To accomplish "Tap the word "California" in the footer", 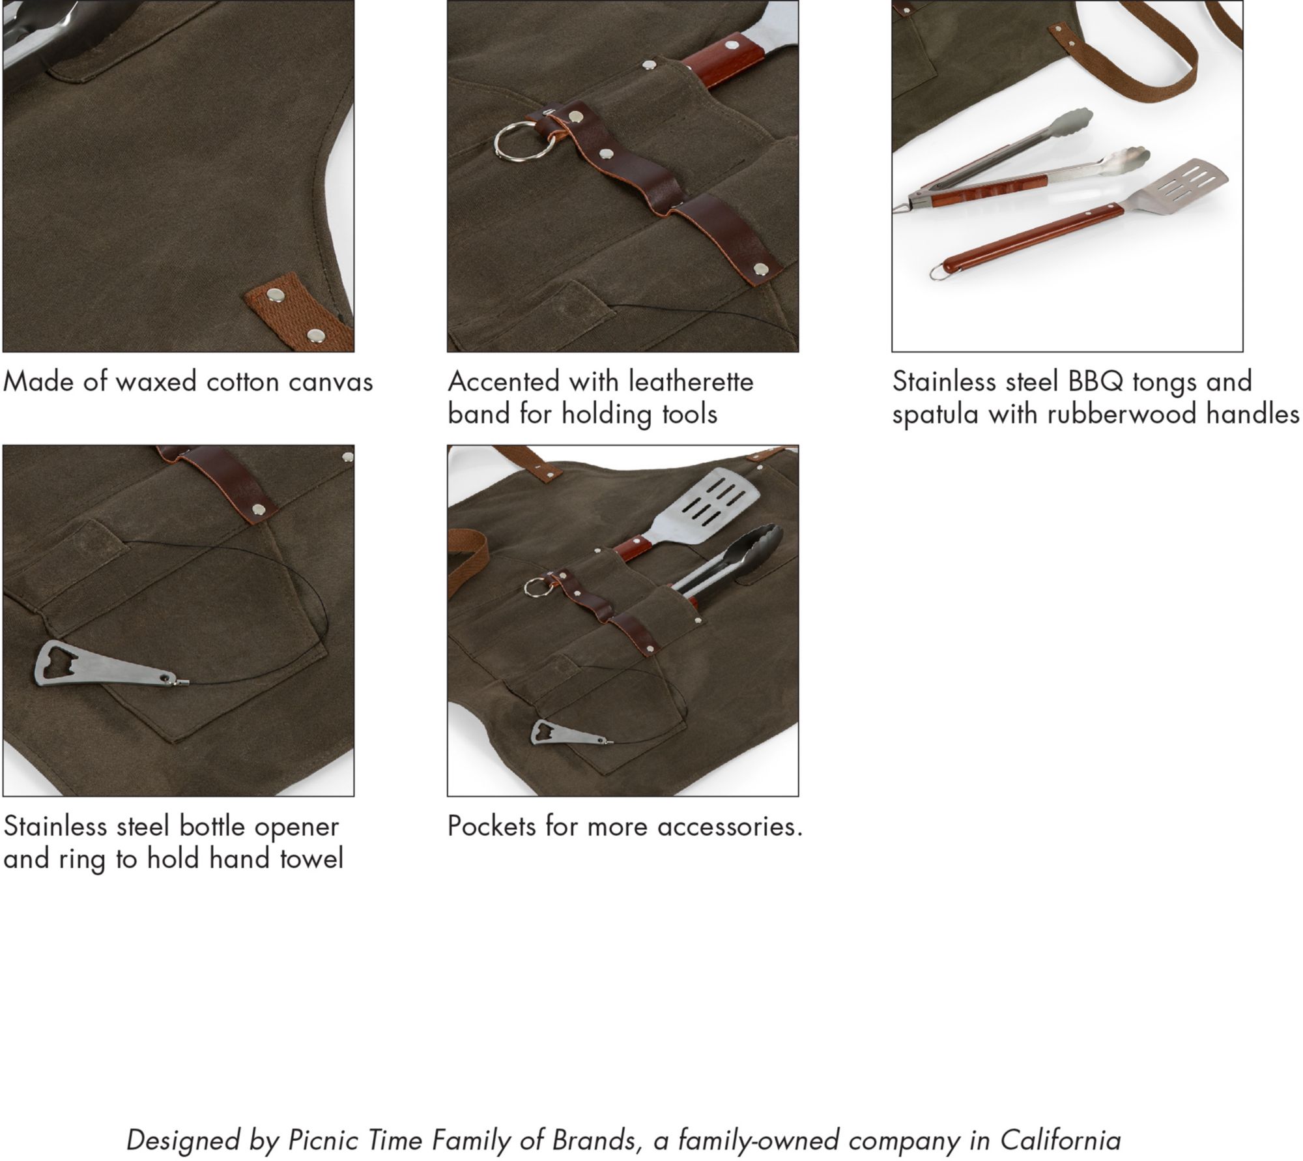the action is [1061, 1140].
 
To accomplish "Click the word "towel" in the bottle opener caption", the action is [311, 859].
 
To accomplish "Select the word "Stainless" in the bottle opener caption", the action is [55, 827].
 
